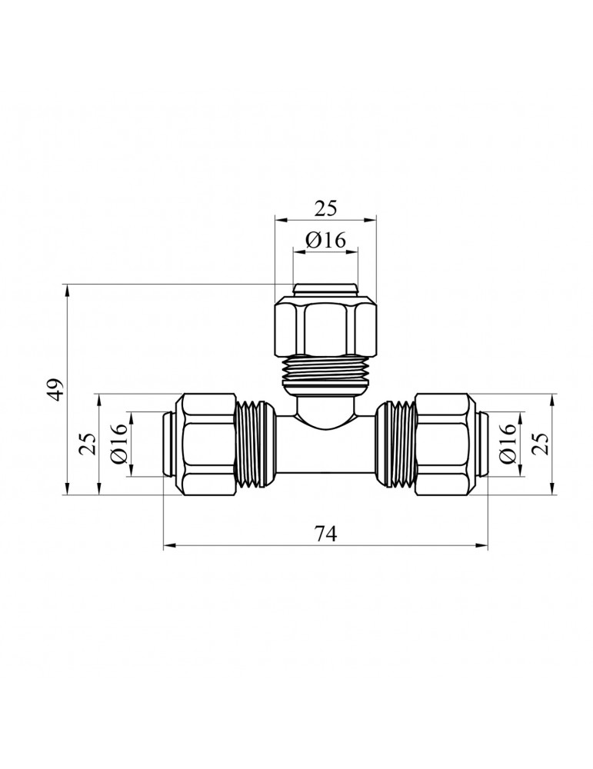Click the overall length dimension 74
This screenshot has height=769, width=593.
click(325, 534)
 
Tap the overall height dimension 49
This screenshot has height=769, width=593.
click(57, 389)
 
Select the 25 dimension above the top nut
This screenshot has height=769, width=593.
click(325, 208)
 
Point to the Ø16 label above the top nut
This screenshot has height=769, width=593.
click(325, 240)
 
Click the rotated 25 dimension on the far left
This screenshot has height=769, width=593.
click(88, 444)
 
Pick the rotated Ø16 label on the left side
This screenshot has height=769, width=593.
click(119, 444)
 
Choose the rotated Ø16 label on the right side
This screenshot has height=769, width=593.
click(508, 444)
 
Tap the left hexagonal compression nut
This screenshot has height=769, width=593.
click(206, 444)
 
